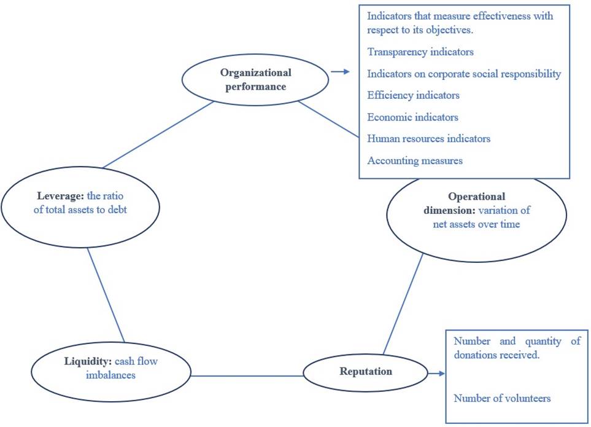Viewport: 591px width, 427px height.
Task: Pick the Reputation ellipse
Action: (x=366, y=372)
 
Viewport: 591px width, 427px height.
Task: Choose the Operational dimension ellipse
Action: (x=476, y=211)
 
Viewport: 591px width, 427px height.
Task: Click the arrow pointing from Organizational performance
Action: (x=339, y=72)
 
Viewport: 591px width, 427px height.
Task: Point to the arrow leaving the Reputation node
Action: (x=436, y=373)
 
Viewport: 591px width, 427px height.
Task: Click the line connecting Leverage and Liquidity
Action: (x=106, y=296)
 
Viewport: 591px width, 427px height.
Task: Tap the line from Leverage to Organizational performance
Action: (x=158, y=135)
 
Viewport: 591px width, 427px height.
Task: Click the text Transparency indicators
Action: (x=420, y=52)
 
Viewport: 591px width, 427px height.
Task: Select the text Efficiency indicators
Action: (x=413, y=95)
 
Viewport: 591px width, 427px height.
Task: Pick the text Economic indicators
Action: (x=412, y=117)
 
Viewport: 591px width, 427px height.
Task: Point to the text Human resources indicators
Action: (x=428, y=138)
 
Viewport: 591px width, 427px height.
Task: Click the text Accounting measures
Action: (x=415, y=160)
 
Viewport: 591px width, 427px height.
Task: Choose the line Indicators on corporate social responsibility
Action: (x=464, y=74)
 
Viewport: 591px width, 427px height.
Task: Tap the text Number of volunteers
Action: (x=502, y=398)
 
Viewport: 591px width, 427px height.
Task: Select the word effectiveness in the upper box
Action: (x=482, y=16)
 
